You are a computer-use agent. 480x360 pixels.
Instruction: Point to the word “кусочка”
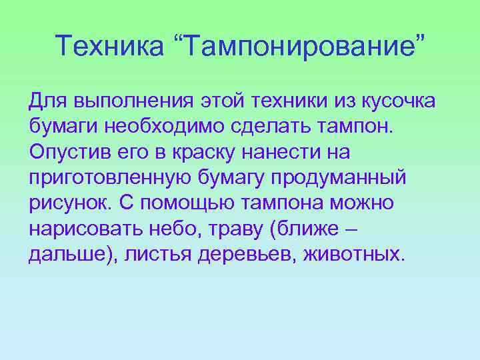click(398, 102)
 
